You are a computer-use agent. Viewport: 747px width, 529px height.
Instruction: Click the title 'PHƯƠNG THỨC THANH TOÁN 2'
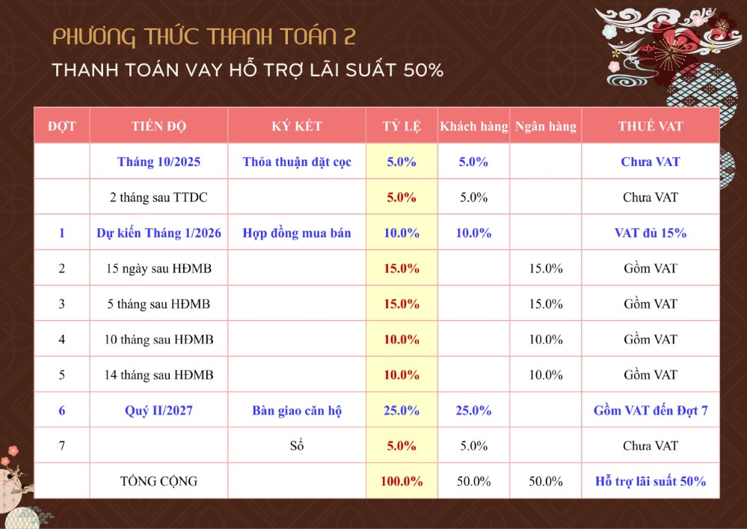tap(204, 37)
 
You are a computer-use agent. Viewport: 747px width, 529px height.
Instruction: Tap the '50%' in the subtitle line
tap(424, 71)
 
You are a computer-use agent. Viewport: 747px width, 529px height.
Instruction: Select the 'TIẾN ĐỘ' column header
tap(159, 126)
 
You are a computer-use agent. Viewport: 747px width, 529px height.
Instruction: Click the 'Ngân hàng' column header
tap(545, 126)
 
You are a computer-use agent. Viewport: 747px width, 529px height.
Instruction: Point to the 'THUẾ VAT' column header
tap(650, 126)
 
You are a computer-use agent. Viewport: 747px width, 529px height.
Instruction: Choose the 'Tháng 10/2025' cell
tap(159, 162)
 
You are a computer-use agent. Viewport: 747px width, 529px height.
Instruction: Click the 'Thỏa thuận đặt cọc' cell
tap(297, 162)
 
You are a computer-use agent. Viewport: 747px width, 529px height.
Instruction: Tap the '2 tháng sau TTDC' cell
tap(159, 198)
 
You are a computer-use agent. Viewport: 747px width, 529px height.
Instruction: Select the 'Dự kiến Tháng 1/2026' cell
tap(159, 233)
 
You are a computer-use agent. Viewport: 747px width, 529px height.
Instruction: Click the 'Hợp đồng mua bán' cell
tap(297, 233)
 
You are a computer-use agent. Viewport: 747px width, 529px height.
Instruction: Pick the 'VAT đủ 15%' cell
tap(650, 233)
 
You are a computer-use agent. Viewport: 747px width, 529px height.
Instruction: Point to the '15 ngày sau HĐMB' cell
tap(159, 268)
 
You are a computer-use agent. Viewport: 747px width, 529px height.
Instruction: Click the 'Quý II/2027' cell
tap(159, 410)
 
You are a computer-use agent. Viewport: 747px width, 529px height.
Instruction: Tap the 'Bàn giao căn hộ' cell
tap(297, 410)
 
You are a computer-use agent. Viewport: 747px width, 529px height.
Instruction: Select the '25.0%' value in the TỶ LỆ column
tap(402, 410)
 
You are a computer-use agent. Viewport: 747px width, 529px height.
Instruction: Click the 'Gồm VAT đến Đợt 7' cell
tap(650, 410)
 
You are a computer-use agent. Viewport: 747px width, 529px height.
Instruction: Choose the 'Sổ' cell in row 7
tap(297, 446)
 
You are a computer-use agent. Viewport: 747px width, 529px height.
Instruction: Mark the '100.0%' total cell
tap(402, 481)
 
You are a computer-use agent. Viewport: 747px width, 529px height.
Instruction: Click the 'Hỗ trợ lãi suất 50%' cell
tap(650, 481)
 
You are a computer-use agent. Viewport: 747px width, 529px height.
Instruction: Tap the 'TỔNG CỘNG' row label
tap(159, 481)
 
